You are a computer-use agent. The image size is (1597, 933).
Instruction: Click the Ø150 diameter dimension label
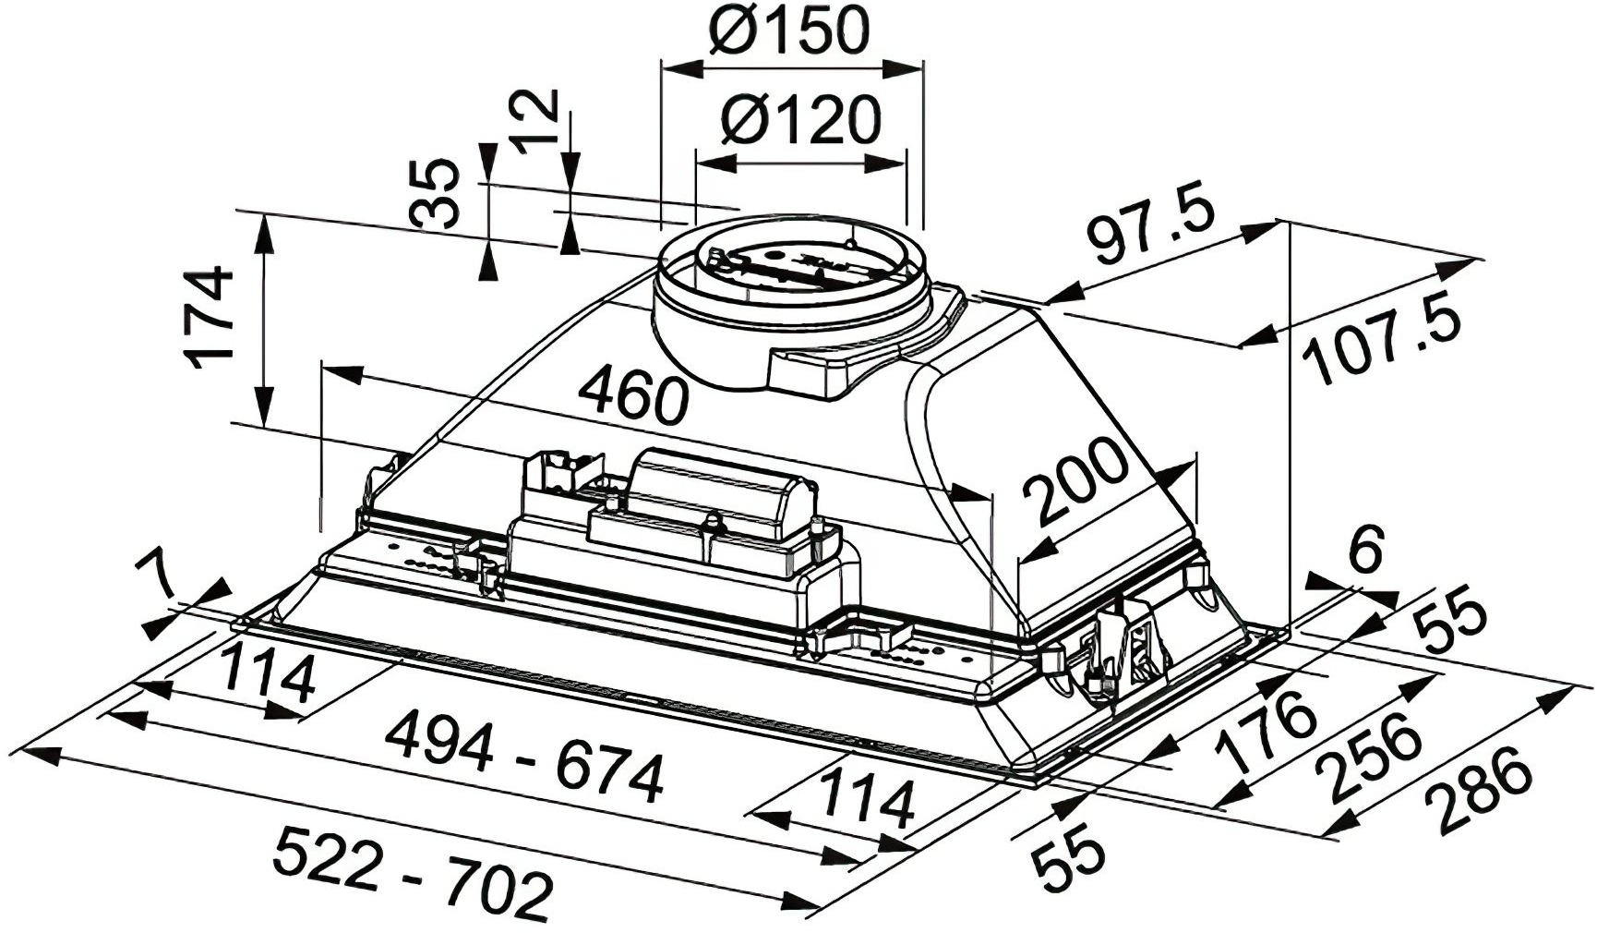[x=790, y=31]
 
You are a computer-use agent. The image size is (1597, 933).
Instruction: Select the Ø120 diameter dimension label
[x=801, y=120]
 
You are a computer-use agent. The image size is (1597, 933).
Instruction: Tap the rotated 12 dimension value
[x=534, y=120]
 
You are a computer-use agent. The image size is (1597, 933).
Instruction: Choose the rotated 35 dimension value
[x=436, y=193]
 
